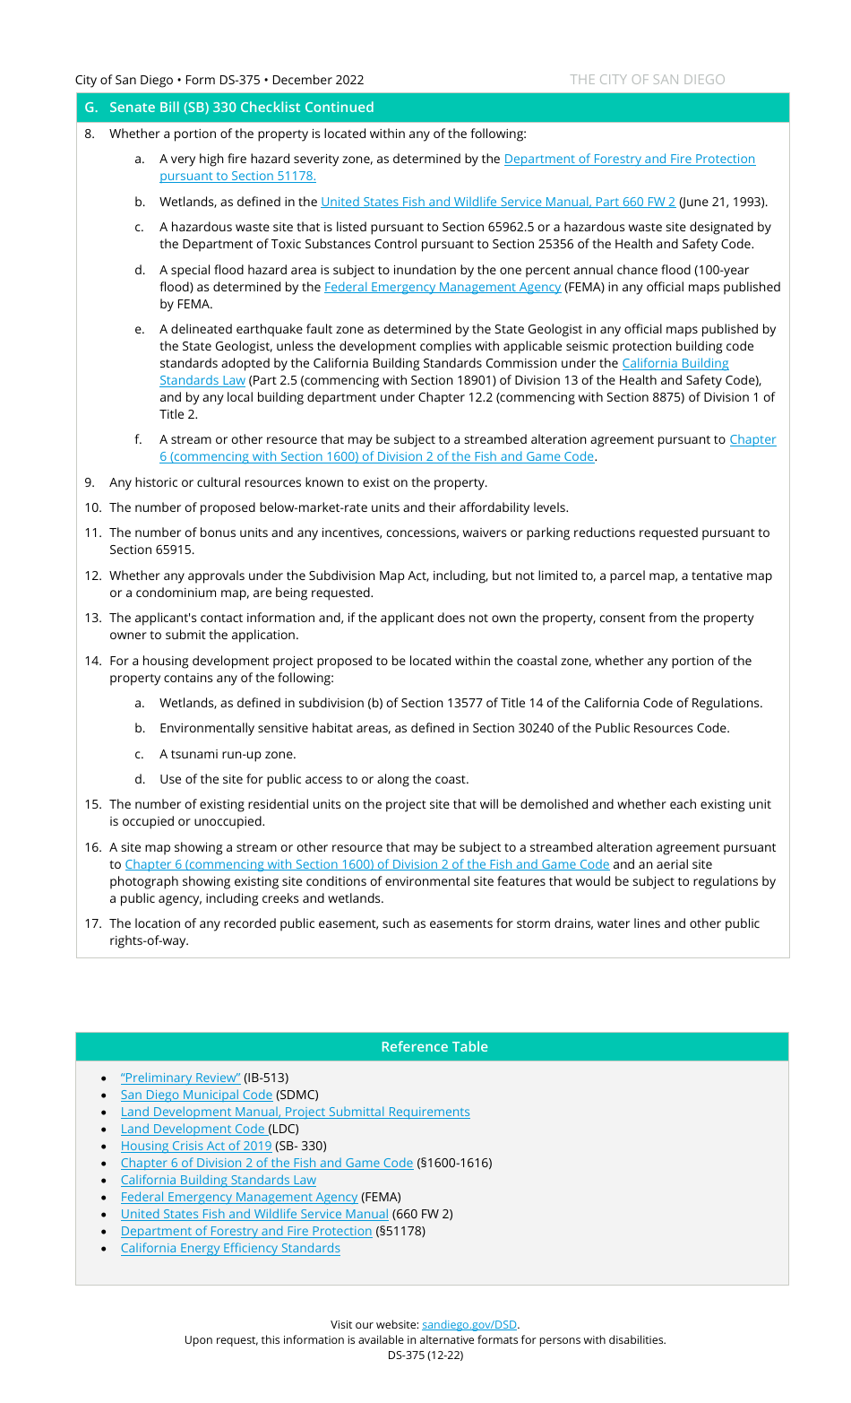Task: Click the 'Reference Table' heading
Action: tap(434, 1047)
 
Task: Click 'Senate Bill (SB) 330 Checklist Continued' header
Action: tap(241, 108)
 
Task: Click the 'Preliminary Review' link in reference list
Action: tap(180, 1078)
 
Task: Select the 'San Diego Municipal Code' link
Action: tap(196, 1095)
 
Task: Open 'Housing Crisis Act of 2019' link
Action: tap(196, 1146)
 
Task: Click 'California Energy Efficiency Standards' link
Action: tap(230, 1248)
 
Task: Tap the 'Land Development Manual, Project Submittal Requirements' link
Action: tap(295, 1112)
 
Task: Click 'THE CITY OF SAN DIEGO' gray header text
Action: tap(647, 80)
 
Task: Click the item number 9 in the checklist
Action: tap(90, 482)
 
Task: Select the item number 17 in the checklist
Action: tap(92, 923)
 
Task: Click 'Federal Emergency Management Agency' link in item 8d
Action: tap(442, 287)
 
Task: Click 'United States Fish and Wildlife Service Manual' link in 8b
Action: tap(497, 202)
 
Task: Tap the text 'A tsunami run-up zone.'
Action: tap(228, 754)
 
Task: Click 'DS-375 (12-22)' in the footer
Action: tap(425, 1355)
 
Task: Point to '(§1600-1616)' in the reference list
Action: tap(454, 1163)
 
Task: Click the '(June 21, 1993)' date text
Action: tap(723, 202)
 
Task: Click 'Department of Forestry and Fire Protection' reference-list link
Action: tap(246, 1231)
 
